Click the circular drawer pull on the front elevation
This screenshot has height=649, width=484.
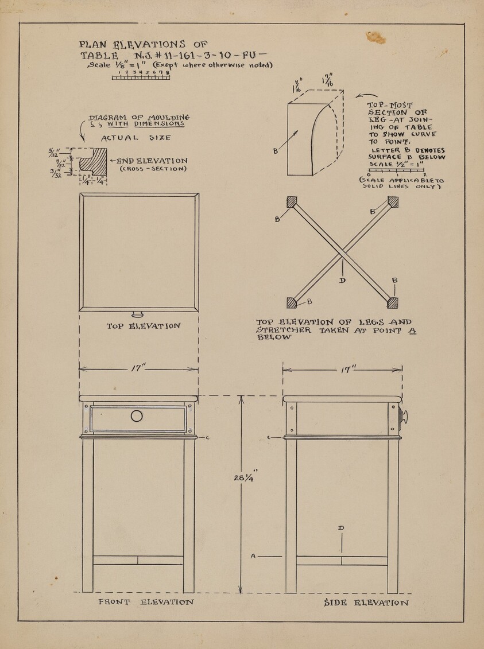tap(137, 417)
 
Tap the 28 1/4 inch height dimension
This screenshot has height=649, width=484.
tap(242, 477)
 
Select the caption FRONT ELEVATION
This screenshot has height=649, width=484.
tap(146, 603)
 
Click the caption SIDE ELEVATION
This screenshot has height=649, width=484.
tap(366, 603)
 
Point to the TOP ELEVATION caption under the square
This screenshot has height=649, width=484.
tap(144, 326)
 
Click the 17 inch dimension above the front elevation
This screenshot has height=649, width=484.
tap(138, 367)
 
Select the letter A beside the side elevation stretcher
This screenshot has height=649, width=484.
tap(253, 556)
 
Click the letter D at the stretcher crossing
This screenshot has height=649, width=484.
tap(342, 281)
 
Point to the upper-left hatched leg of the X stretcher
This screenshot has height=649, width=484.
tap(292, 202)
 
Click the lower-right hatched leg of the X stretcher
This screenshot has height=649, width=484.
tap(393, 302)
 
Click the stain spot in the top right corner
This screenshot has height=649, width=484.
tap(377, 38)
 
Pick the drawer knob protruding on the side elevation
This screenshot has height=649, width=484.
tap(404, 417)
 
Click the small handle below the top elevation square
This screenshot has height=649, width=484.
tap(138, 314)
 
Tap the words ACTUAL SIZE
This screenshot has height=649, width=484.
tap(135, 138)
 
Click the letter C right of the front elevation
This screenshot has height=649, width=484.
tap(207, 438)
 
